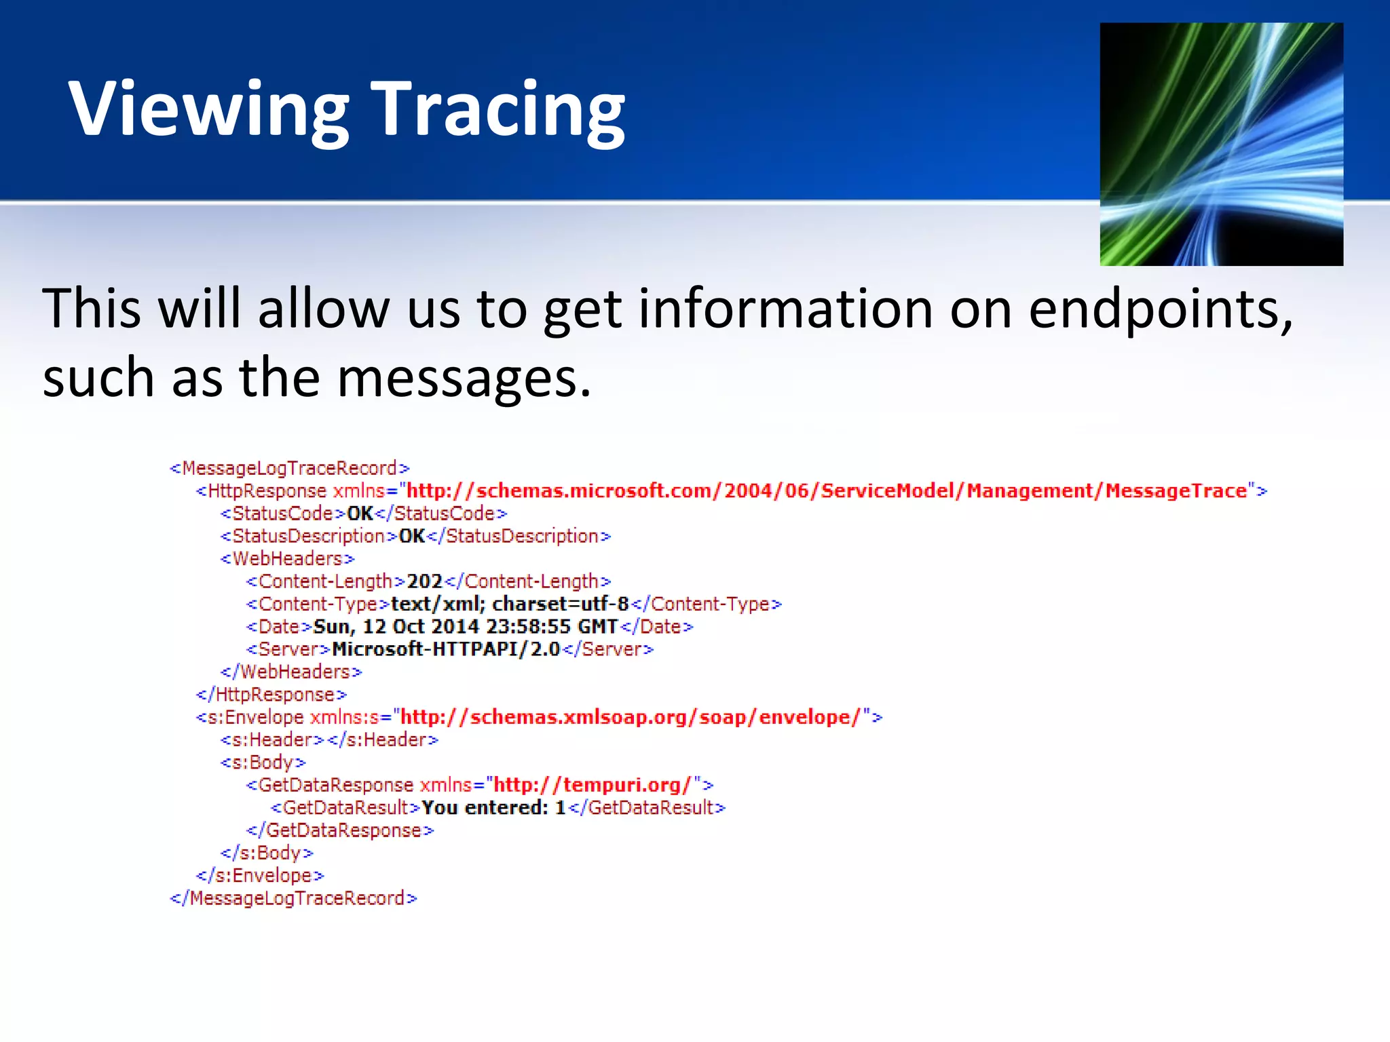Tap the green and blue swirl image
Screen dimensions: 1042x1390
click(x=1221, y=144)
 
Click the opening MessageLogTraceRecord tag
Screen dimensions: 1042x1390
click(x=290, y=469)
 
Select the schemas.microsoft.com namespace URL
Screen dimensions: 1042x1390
click(x=826, y=491)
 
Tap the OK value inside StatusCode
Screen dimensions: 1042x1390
click(x=360, y=514)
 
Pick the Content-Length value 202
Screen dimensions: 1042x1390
click(x=425, y=581)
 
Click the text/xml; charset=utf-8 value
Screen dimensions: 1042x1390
click(x=510, y=604)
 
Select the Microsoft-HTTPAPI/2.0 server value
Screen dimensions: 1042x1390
click(x=446, y=649)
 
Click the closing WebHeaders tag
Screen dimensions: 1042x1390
click(x=291, y=672)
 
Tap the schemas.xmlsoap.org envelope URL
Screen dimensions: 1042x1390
click(x=631, y=717)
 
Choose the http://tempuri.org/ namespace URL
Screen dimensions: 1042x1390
click(x=592, y=785)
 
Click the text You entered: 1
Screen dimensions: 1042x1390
click(x=493, y=808)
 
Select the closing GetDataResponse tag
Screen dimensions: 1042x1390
click(x=340, y=830)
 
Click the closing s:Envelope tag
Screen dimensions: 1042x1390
click(x=260, y=876)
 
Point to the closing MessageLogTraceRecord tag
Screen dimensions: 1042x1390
click(x=293, y=898)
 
